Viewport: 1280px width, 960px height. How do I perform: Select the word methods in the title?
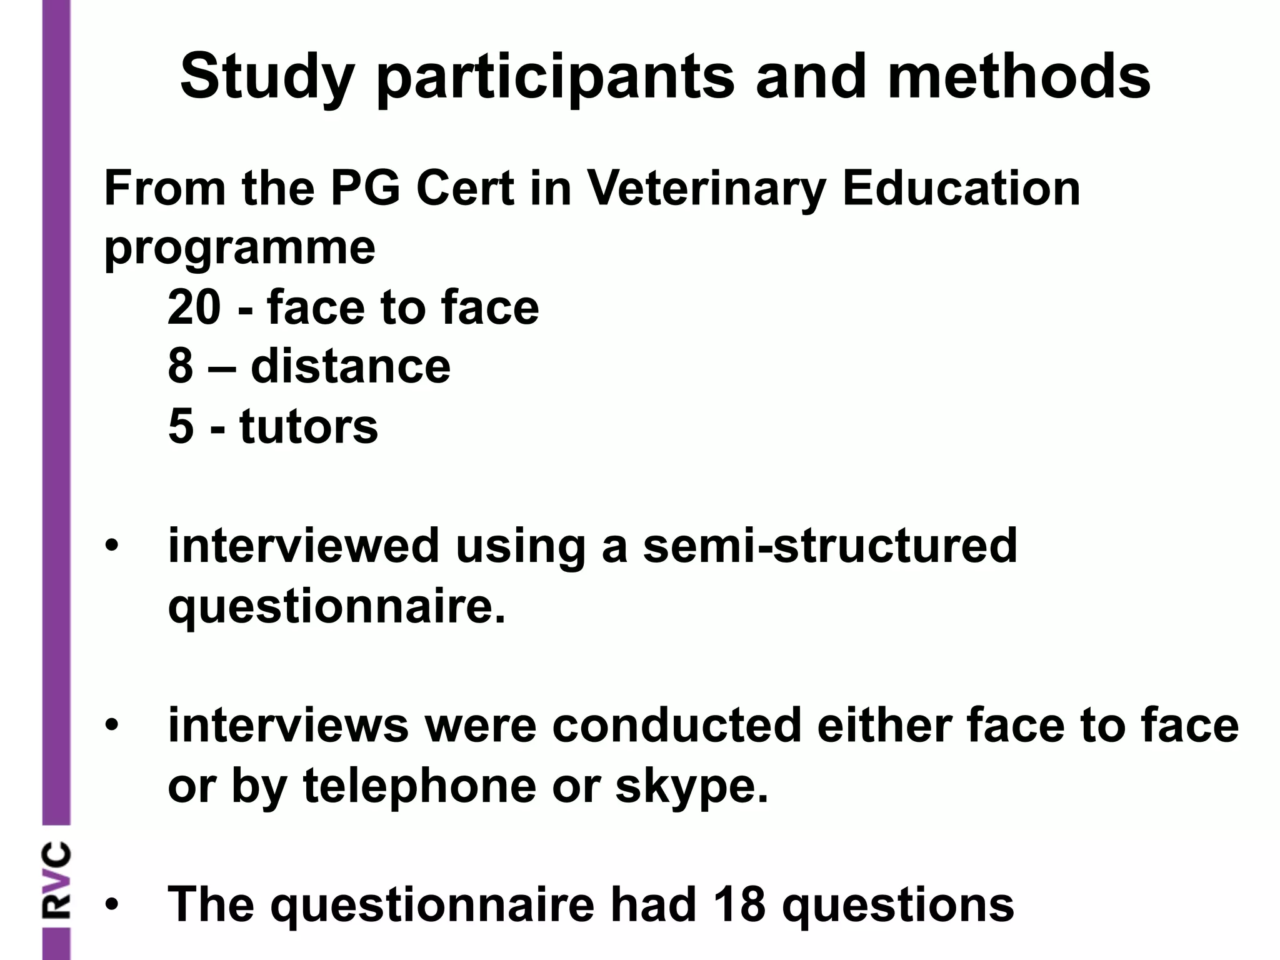(1018, 76)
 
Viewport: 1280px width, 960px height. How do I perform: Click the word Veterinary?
(706, 189)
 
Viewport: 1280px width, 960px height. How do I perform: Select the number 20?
(194, 307)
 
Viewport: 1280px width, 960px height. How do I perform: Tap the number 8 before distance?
(181, 366)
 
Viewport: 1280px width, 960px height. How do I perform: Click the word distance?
(350, 366)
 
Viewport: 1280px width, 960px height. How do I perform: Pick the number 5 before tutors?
(181, 426)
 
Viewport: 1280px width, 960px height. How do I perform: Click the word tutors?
(309, 426)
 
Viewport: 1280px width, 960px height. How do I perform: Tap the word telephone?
(419, 786)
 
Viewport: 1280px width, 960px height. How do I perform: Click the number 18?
(739, 904)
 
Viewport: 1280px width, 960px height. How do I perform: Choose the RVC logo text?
(56, 881)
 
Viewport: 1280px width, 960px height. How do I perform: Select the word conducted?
(677, 725)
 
